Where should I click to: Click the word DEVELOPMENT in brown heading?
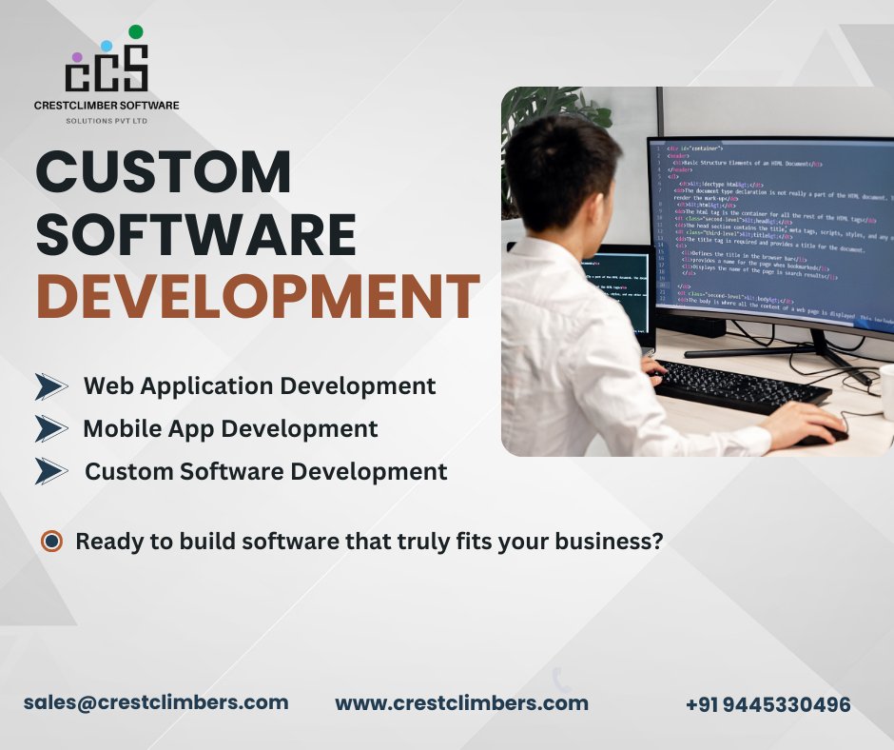click(257, 296)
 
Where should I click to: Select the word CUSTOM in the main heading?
click(164, 174)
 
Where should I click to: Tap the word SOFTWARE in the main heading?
click(196, 235)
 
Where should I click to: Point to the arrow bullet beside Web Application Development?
click(51, 386)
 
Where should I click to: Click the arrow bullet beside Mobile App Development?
click(51, 428)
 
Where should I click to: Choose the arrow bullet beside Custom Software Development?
click(51, 470)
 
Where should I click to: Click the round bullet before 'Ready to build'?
click(52, 542)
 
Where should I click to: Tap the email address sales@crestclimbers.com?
click(156, 702)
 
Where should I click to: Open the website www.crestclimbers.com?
click(461, 703)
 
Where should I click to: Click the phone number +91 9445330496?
click(768, 704)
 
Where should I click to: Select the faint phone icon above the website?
click(561, 679)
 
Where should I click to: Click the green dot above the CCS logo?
click(136, 32)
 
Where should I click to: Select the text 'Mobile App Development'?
click(230, 428)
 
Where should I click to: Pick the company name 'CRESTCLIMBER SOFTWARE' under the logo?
click(107, 105)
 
